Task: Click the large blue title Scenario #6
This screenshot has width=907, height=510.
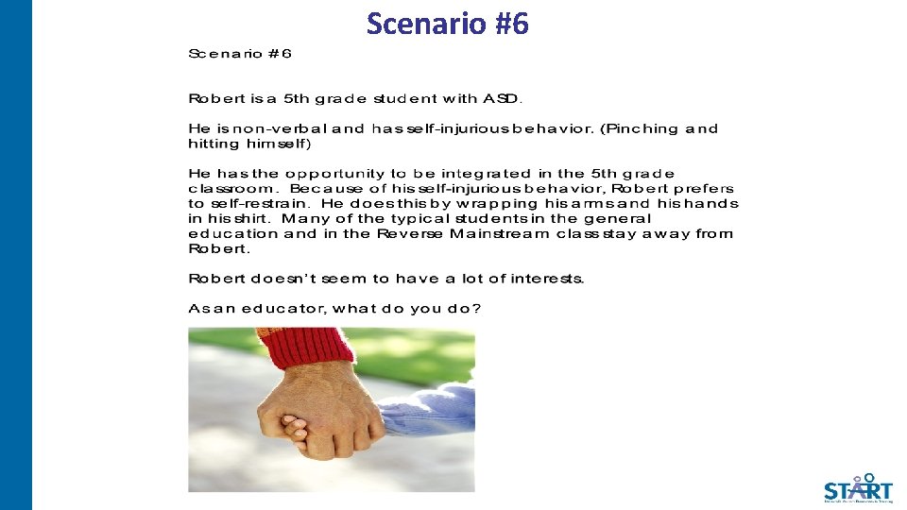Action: click(x=448, y=23)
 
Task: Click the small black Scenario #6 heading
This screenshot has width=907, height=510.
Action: click(x=240, y=54)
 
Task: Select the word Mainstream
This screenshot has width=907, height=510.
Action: click(x=500, y=234)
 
